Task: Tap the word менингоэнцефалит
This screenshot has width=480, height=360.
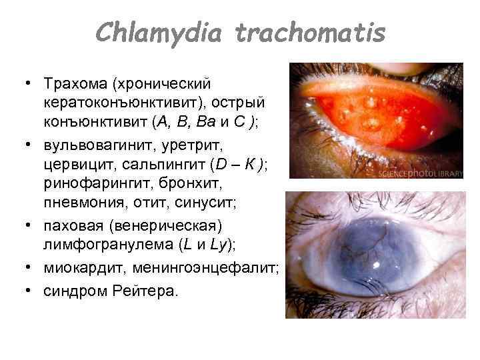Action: click(205, 269)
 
